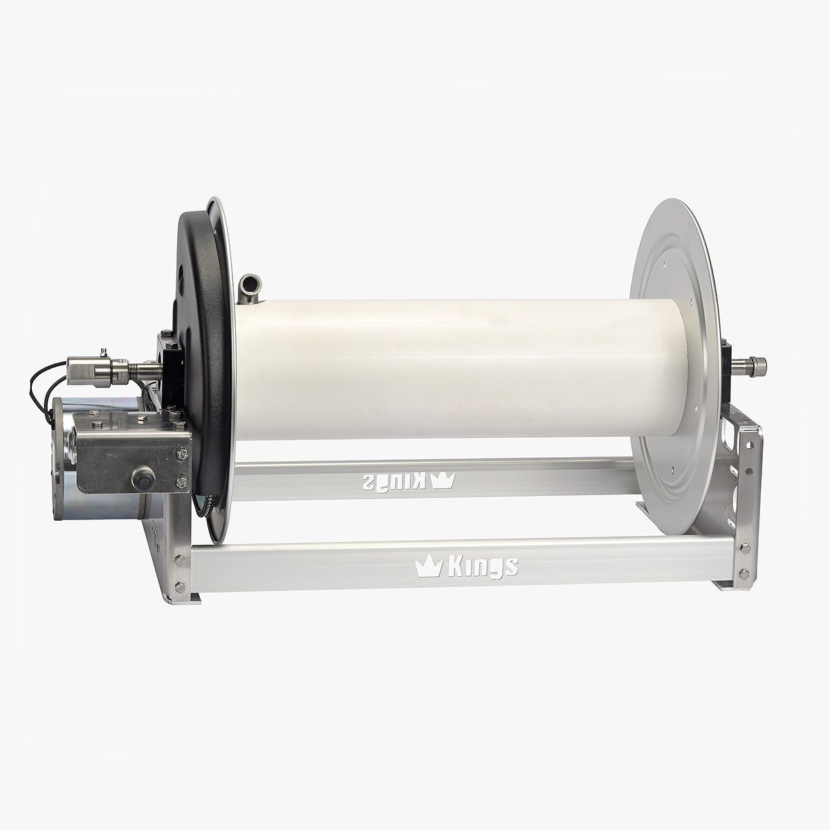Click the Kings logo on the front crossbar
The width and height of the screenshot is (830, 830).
tap(466, 566)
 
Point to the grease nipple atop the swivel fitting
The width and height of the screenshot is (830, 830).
tap(102, 352)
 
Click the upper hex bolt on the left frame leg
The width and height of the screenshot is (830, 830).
tap(181, 561)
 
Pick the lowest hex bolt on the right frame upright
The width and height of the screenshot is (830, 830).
tap(744, 573)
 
